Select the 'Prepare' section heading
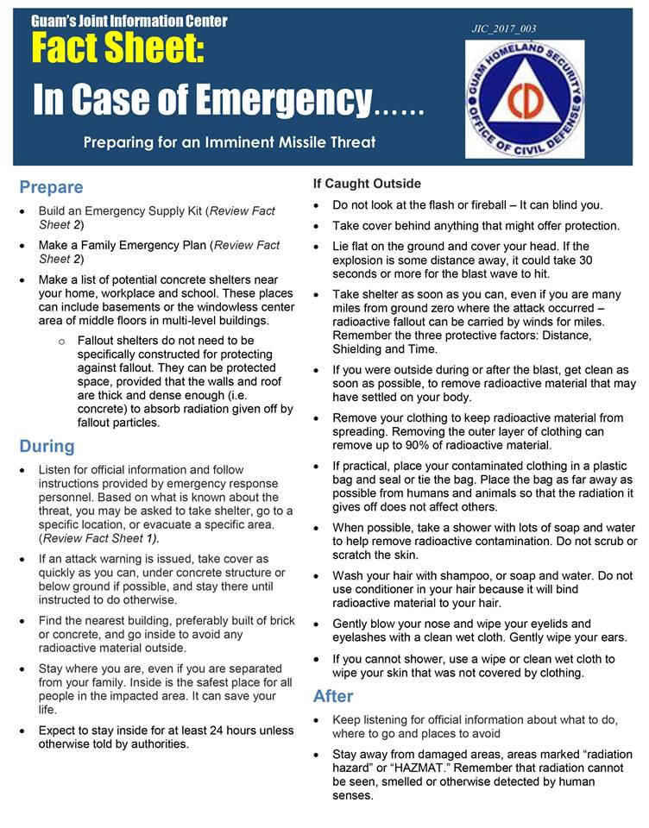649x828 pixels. pos(51,187)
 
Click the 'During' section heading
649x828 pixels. pos(47,446)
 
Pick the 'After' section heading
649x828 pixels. pos(333,695)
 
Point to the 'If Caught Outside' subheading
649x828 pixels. pos(367,184)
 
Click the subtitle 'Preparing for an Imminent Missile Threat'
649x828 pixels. pos(230,141)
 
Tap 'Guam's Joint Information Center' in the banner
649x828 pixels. pos(129,21)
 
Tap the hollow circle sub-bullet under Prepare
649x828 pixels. pos(61,341)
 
